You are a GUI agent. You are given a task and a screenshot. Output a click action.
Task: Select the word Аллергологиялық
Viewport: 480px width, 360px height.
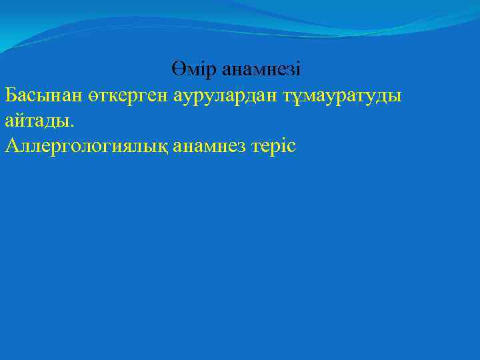point(86,146)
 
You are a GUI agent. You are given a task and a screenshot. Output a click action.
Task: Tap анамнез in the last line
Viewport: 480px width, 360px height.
point(211,146)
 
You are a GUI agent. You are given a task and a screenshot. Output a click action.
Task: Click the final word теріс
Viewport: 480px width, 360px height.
point(275,146)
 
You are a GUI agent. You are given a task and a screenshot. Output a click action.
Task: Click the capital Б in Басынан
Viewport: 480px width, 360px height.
point(10,95)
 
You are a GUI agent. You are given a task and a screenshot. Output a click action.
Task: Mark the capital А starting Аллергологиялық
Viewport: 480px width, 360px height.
point(11,146)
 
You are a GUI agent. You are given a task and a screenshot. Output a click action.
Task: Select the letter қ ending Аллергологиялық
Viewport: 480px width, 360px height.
point(163,146)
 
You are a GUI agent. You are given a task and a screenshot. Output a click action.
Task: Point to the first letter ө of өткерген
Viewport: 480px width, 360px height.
point(93,96)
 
